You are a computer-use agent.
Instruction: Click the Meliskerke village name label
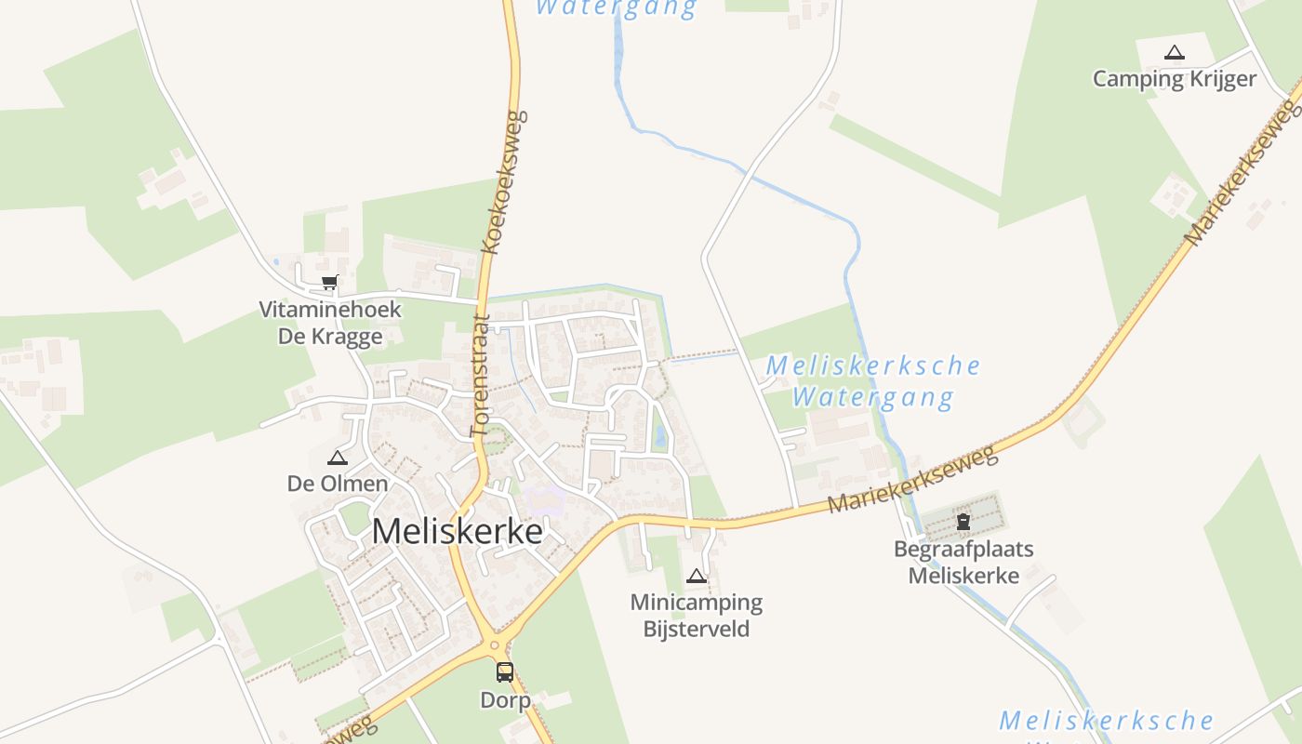457,531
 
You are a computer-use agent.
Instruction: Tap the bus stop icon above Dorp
504,671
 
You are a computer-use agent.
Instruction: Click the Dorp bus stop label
505,699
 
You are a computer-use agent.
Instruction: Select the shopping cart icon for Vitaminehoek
329,282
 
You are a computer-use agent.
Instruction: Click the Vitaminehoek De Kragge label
330,323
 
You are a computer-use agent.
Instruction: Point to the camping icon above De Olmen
337,458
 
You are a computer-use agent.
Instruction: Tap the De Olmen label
337,484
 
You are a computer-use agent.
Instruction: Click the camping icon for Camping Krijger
1175,53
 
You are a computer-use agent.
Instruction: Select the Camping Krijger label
1175,79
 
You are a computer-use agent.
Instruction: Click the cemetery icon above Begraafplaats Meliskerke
963,522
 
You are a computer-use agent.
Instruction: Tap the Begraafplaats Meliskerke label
963,562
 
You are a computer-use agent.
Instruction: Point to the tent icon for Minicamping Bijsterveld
696,577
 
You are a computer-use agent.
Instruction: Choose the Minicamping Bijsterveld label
696,616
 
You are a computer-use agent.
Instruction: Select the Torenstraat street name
480,375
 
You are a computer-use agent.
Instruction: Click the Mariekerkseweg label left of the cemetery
911,479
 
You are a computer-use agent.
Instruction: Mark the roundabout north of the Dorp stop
493,644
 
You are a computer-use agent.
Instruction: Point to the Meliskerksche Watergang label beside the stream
872,381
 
